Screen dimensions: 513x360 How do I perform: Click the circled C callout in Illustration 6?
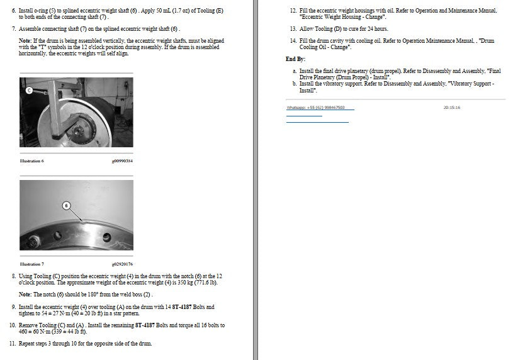29,90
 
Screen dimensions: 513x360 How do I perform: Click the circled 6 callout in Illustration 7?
67,206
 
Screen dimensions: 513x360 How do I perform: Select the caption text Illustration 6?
31,161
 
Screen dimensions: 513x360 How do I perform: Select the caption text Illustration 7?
31,264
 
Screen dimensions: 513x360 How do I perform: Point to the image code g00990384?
122,161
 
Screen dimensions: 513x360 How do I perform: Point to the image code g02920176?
122,264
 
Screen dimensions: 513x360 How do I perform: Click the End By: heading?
295,59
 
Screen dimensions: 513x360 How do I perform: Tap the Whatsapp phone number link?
316,108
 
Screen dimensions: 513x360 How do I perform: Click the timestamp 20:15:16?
452,108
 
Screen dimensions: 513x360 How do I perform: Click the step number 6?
14,11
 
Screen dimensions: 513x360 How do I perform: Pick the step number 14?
293,41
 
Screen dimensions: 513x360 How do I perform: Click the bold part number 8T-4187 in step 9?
182,307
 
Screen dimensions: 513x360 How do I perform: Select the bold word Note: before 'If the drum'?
25,41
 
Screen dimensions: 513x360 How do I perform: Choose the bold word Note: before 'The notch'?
25,295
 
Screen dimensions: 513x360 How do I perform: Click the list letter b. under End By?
295,84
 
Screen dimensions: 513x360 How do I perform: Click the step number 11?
13,344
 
